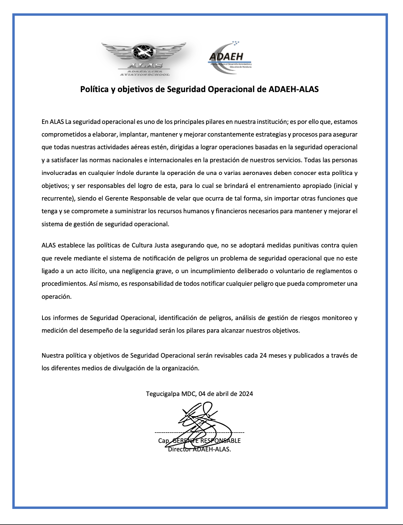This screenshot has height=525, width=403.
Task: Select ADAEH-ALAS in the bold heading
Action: click(294, 89)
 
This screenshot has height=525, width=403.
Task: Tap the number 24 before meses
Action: click(263, 356)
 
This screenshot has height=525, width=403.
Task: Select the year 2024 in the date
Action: click(246, 394)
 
